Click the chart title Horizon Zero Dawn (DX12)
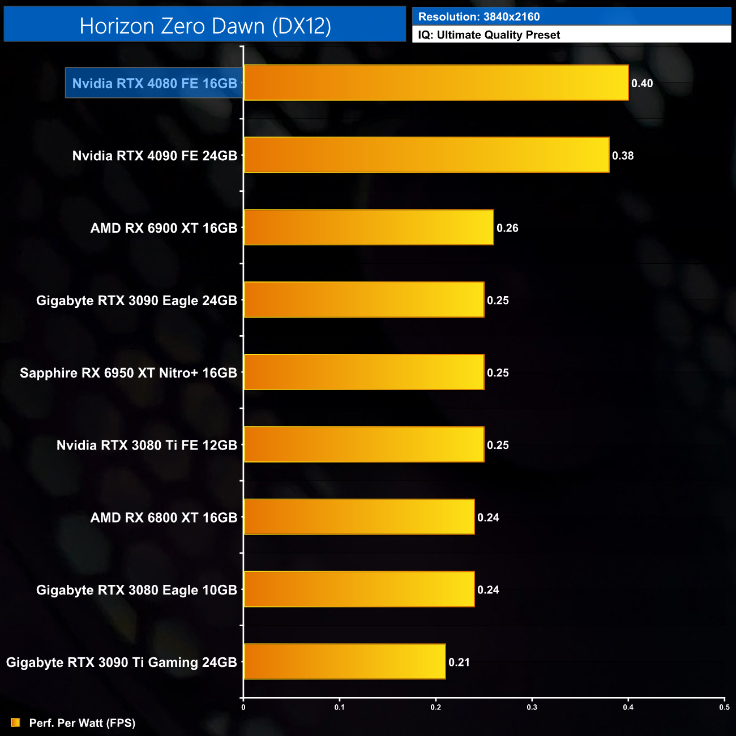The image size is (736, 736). [205, 26]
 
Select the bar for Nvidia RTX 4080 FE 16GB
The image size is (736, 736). [436, 83]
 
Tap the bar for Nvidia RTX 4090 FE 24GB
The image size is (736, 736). [426, 155]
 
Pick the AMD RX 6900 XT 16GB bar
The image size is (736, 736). [369, 228]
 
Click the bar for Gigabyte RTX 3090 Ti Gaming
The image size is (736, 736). [345, 662]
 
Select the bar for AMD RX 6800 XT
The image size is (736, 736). [359, 517]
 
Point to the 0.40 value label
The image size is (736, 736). [642, 83]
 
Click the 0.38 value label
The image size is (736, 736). [623, 156]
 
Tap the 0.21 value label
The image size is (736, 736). [459, 662]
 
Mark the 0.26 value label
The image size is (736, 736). [507, 228]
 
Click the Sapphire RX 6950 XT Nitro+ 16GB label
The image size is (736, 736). [129, 373]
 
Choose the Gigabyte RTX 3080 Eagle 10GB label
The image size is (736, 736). [136, 590]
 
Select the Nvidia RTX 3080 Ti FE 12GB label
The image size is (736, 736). [147, 446]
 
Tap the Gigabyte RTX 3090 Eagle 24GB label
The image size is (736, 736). [136, 301]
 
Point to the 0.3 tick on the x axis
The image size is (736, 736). [532, 707]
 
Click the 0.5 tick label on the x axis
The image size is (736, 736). [724, 707]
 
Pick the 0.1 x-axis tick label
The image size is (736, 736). [339, 707]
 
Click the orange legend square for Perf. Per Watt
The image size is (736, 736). [15, 723]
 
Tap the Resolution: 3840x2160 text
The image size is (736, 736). [479, 17]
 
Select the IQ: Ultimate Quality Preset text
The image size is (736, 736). [489, 35]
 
